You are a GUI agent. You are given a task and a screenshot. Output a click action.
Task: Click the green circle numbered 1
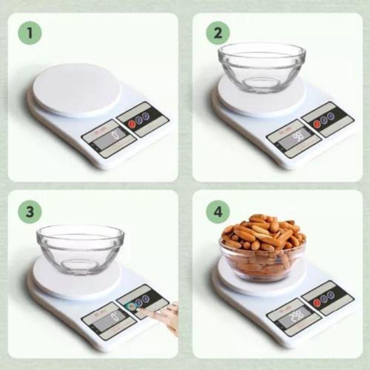30,33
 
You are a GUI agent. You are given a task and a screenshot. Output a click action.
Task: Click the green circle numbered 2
218,33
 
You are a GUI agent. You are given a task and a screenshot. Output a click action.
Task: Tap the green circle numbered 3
30,212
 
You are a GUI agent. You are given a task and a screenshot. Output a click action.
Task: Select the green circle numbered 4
218,212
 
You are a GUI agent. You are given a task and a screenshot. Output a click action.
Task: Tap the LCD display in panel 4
295,317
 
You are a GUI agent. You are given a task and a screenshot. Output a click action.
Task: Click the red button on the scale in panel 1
131,124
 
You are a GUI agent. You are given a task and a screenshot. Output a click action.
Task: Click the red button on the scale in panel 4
316,302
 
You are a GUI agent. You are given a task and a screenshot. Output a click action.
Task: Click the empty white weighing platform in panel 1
77,89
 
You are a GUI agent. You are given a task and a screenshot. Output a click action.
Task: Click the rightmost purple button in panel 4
330,295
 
